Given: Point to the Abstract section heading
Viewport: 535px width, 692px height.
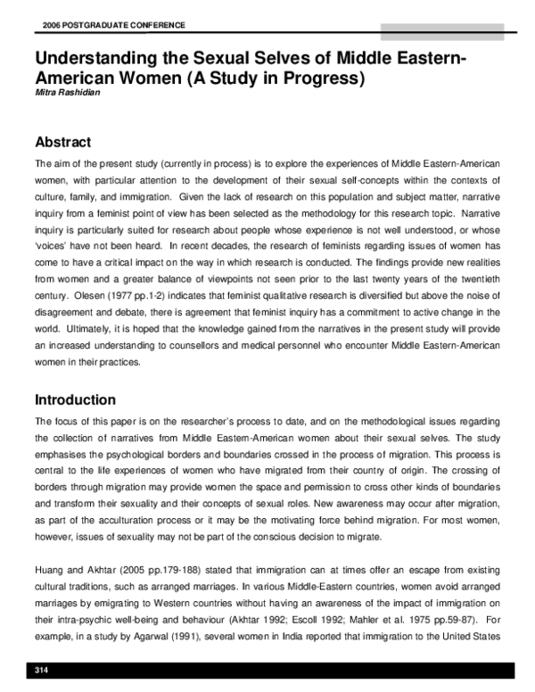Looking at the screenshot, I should coord(62,142).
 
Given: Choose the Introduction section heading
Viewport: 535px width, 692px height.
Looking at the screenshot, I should coord(75,400).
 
